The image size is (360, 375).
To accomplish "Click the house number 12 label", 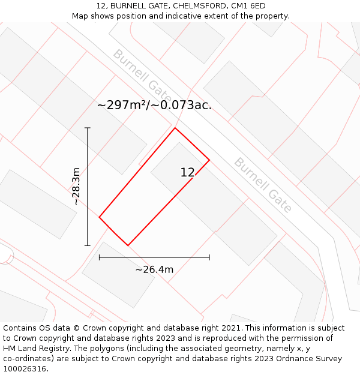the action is [188, 173].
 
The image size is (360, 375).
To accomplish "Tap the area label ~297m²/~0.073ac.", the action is [154, 105].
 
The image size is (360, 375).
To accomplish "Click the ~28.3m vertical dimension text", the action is [76, 187].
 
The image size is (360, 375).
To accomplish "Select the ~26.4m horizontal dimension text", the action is [154, 269].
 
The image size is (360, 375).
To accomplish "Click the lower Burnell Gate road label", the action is [263, 185].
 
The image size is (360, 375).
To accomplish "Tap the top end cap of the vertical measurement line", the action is [88, 128].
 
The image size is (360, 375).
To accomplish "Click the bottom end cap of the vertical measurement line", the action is [88, 245].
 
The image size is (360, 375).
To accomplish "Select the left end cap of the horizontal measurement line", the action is [100, 257].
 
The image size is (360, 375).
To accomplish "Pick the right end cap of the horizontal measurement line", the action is [209, 257].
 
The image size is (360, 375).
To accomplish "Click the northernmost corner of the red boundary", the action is [175, 128].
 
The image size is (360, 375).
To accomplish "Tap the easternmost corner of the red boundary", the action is [209, 160].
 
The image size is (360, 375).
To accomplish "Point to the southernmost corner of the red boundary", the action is [128, 245].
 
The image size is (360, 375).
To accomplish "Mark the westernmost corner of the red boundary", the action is [99, 217].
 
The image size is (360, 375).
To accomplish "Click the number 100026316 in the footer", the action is [24, 369].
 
